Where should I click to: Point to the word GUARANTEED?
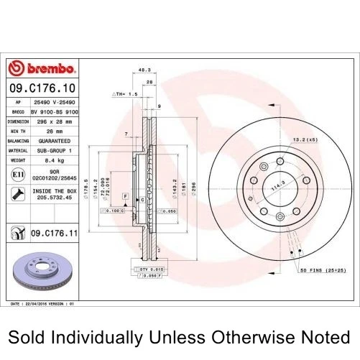(55, 141)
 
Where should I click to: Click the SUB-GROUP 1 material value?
(55, 150)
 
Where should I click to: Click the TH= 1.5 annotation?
(126, 94)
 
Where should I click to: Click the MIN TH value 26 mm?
(55, 131)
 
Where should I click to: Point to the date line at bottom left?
(43, 304)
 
